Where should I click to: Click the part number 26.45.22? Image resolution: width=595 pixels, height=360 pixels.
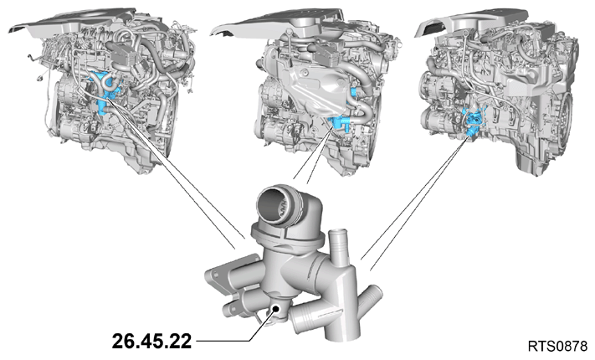click(151, 341)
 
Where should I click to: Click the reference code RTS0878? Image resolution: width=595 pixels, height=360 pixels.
click(557, 346)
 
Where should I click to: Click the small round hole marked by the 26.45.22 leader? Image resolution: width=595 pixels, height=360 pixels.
click(276, 308)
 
